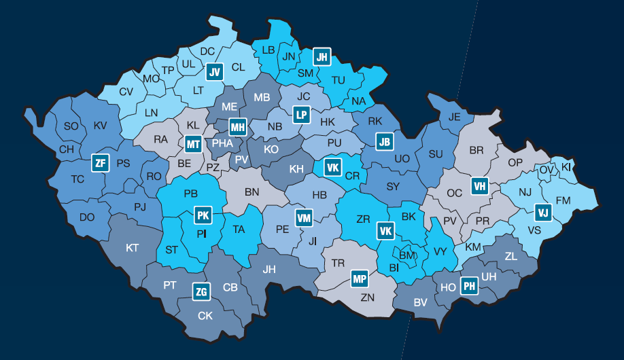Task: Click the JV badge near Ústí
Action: [x=215, y=72]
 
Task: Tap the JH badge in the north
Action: [x=322, y=58]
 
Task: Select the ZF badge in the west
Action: [x=101, y=163]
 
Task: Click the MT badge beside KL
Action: [x=193, y=144]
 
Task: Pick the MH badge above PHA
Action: [x=237, y=127]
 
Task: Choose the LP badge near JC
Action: [x=301, y=115]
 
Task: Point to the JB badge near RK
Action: [x=385, y=142]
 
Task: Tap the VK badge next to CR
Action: [x=332, y=168]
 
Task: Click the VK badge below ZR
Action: [x=385, y=232]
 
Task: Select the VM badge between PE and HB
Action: [x=304, y=218]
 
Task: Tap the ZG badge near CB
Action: [x=201, y=292]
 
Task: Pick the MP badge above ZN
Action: [x=360, y=278]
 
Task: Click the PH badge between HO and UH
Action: [x=469, y=286]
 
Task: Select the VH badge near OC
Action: [x=480, y=185]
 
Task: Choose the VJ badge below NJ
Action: [x=542, y=213]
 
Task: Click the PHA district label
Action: [x=222, y=143]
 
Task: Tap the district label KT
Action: [x=132, y=248]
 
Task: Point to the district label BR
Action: [x=476, y=150]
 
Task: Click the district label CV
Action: [x=126, y=92]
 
